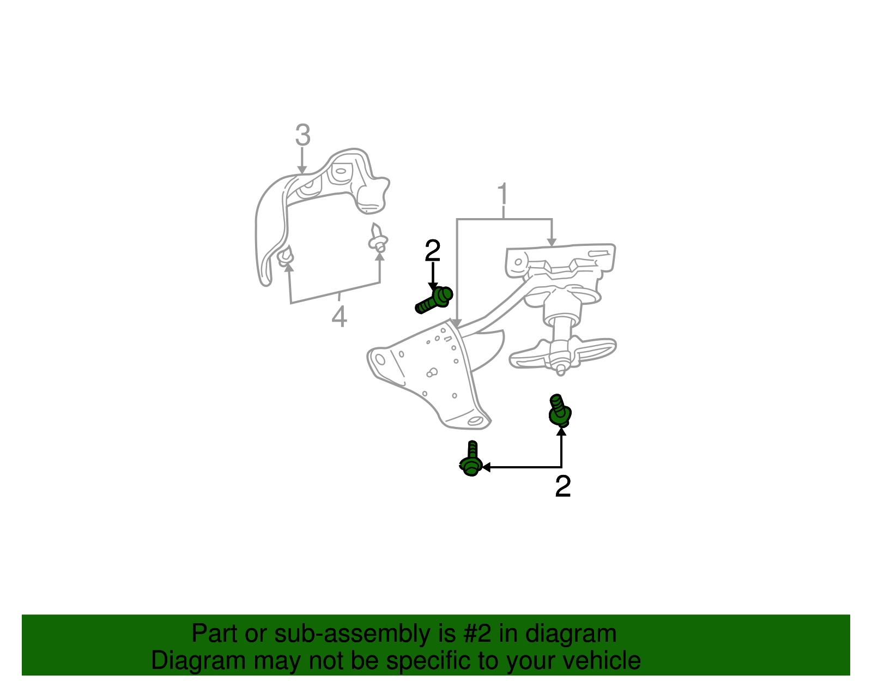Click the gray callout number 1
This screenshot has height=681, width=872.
[503, 194]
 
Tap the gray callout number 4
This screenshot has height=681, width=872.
[339, 316]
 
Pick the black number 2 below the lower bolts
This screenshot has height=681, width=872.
[562, 486]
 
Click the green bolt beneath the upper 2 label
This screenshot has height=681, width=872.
[434, 300]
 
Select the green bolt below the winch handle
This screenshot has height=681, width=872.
[560, 410]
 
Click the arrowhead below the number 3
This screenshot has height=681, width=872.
[302, 170]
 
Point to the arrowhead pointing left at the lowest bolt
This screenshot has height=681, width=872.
[486, 467]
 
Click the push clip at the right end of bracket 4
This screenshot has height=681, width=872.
[378, 238]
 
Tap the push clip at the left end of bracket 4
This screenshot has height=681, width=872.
[285, 257]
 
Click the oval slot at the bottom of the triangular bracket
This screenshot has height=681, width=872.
[475, 421]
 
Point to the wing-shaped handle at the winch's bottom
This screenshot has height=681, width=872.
[562, 353]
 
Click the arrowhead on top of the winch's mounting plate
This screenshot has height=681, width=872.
[552, 243]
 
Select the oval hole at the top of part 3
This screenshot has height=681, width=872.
[341, 171]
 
